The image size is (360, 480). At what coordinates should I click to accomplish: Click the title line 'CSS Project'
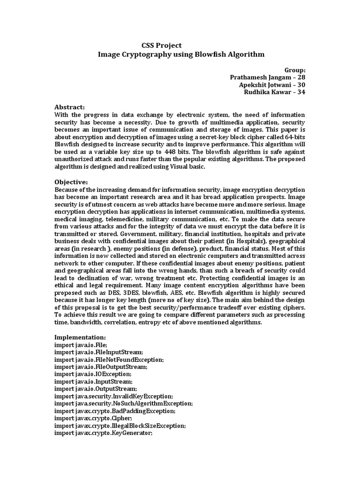[x=161, y=45]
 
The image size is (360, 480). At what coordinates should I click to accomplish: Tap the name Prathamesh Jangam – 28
[x=268, y=77]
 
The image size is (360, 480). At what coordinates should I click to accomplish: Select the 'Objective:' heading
[x=71, y=181]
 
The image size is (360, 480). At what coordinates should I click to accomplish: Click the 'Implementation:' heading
[x=80, y=337]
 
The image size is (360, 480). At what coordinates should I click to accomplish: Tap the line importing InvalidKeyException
[x=114, y=396]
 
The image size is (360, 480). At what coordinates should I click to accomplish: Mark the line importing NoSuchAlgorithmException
[x=123, y=403]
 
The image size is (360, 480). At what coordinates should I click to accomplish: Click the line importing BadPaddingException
[x=115, y=411]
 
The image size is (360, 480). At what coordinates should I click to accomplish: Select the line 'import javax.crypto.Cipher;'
[x=93, y=418]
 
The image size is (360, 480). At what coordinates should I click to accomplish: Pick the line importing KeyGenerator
[x=104, y=433]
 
